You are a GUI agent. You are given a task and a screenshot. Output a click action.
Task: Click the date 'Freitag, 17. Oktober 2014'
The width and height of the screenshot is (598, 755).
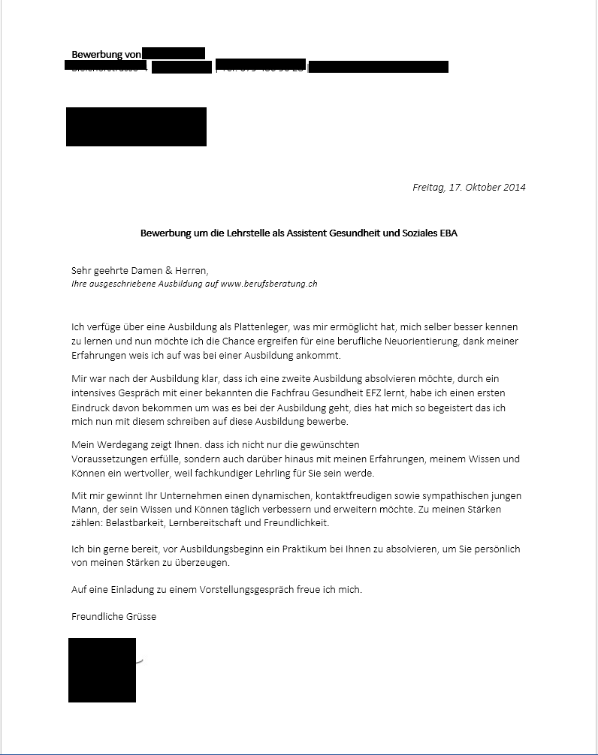click(x=469, y=187)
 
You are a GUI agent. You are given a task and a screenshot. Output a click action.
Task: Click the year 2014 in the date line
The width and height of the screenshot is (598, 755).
click(x=514, y=187)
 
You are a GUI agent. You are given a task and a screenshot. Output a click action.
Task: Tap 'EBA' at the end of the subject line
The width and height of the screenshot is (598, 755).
click(x=448, y=233)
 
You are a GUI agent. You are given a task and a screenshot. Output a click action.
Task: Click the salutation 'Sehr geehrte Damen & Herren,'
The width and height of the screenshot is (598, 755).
click(x=139, y=270)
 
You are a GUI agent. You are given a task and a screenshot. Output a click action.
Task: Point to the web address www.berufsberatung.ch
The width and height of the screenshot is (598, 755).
click(x=269, y=284)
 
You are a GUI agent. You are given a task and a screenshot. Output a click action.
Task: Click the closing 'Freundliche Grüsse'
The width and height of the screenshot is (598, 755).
click(x=113, y=616)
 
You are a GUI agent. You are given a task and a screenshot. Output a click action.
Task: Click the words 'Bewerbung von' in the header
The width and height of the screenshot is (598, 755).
click(x=106, y=54)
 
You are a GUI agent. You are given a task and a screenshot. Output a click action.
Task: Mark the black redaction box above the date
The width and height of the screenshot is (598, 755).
click(x=136, y=127)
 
